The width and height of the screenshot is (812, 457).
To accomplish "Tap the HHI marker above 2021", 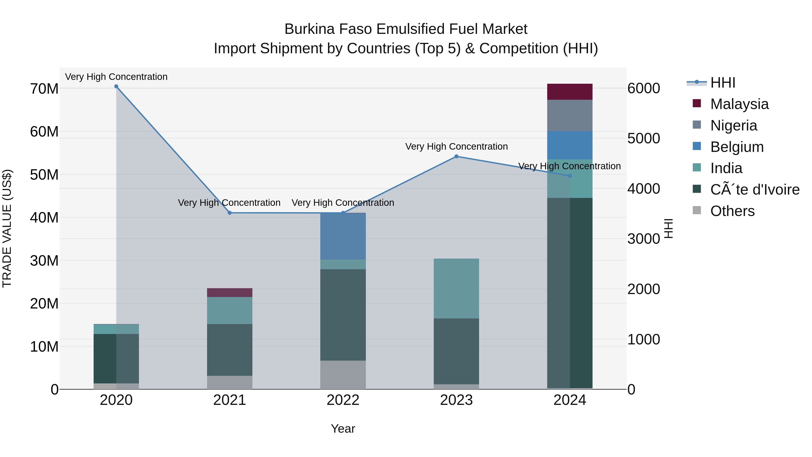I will click(x=229, y=213).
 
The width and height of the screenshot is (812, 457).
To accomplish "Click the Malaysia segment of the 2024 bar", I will click(x=570, y=92).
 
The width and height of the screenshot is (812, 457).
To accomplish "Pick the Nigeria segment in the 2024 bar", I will click(x=570, y=115).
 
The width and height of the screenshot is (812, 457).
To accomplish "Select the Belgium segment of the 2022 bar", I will click(x=343, y=236).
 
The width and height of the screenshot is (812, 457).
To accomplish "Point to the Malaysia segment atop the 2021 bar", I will click(x=229, y=292).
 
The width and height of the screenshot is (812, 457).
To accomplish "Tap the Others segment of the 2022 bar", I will click(x=343, y=375).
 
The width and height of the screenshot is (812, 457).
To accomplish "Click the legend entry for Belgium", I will click(x=737, y=147).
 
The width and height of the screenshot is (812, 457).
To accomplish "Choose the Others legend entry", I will click(x=732, y=211).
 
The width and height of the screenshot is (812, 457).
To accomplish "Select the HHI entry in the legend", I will click(x=722, y=83).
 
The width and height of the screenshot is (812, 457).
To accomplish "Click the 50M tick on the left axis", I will click(x=44, y=175).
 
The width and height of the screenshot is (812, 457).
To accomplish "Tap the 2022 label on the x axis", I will click(x=343, y=400).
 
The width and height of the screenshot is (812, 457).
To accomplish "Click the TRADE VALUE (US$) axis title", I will click(x=7, y=228).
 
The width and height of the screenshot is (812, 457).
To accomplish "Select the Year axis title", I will click(x=343, y=429).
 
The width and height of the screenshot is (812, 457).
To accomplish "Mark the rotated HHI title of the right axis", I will click(x=669, y=228).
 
